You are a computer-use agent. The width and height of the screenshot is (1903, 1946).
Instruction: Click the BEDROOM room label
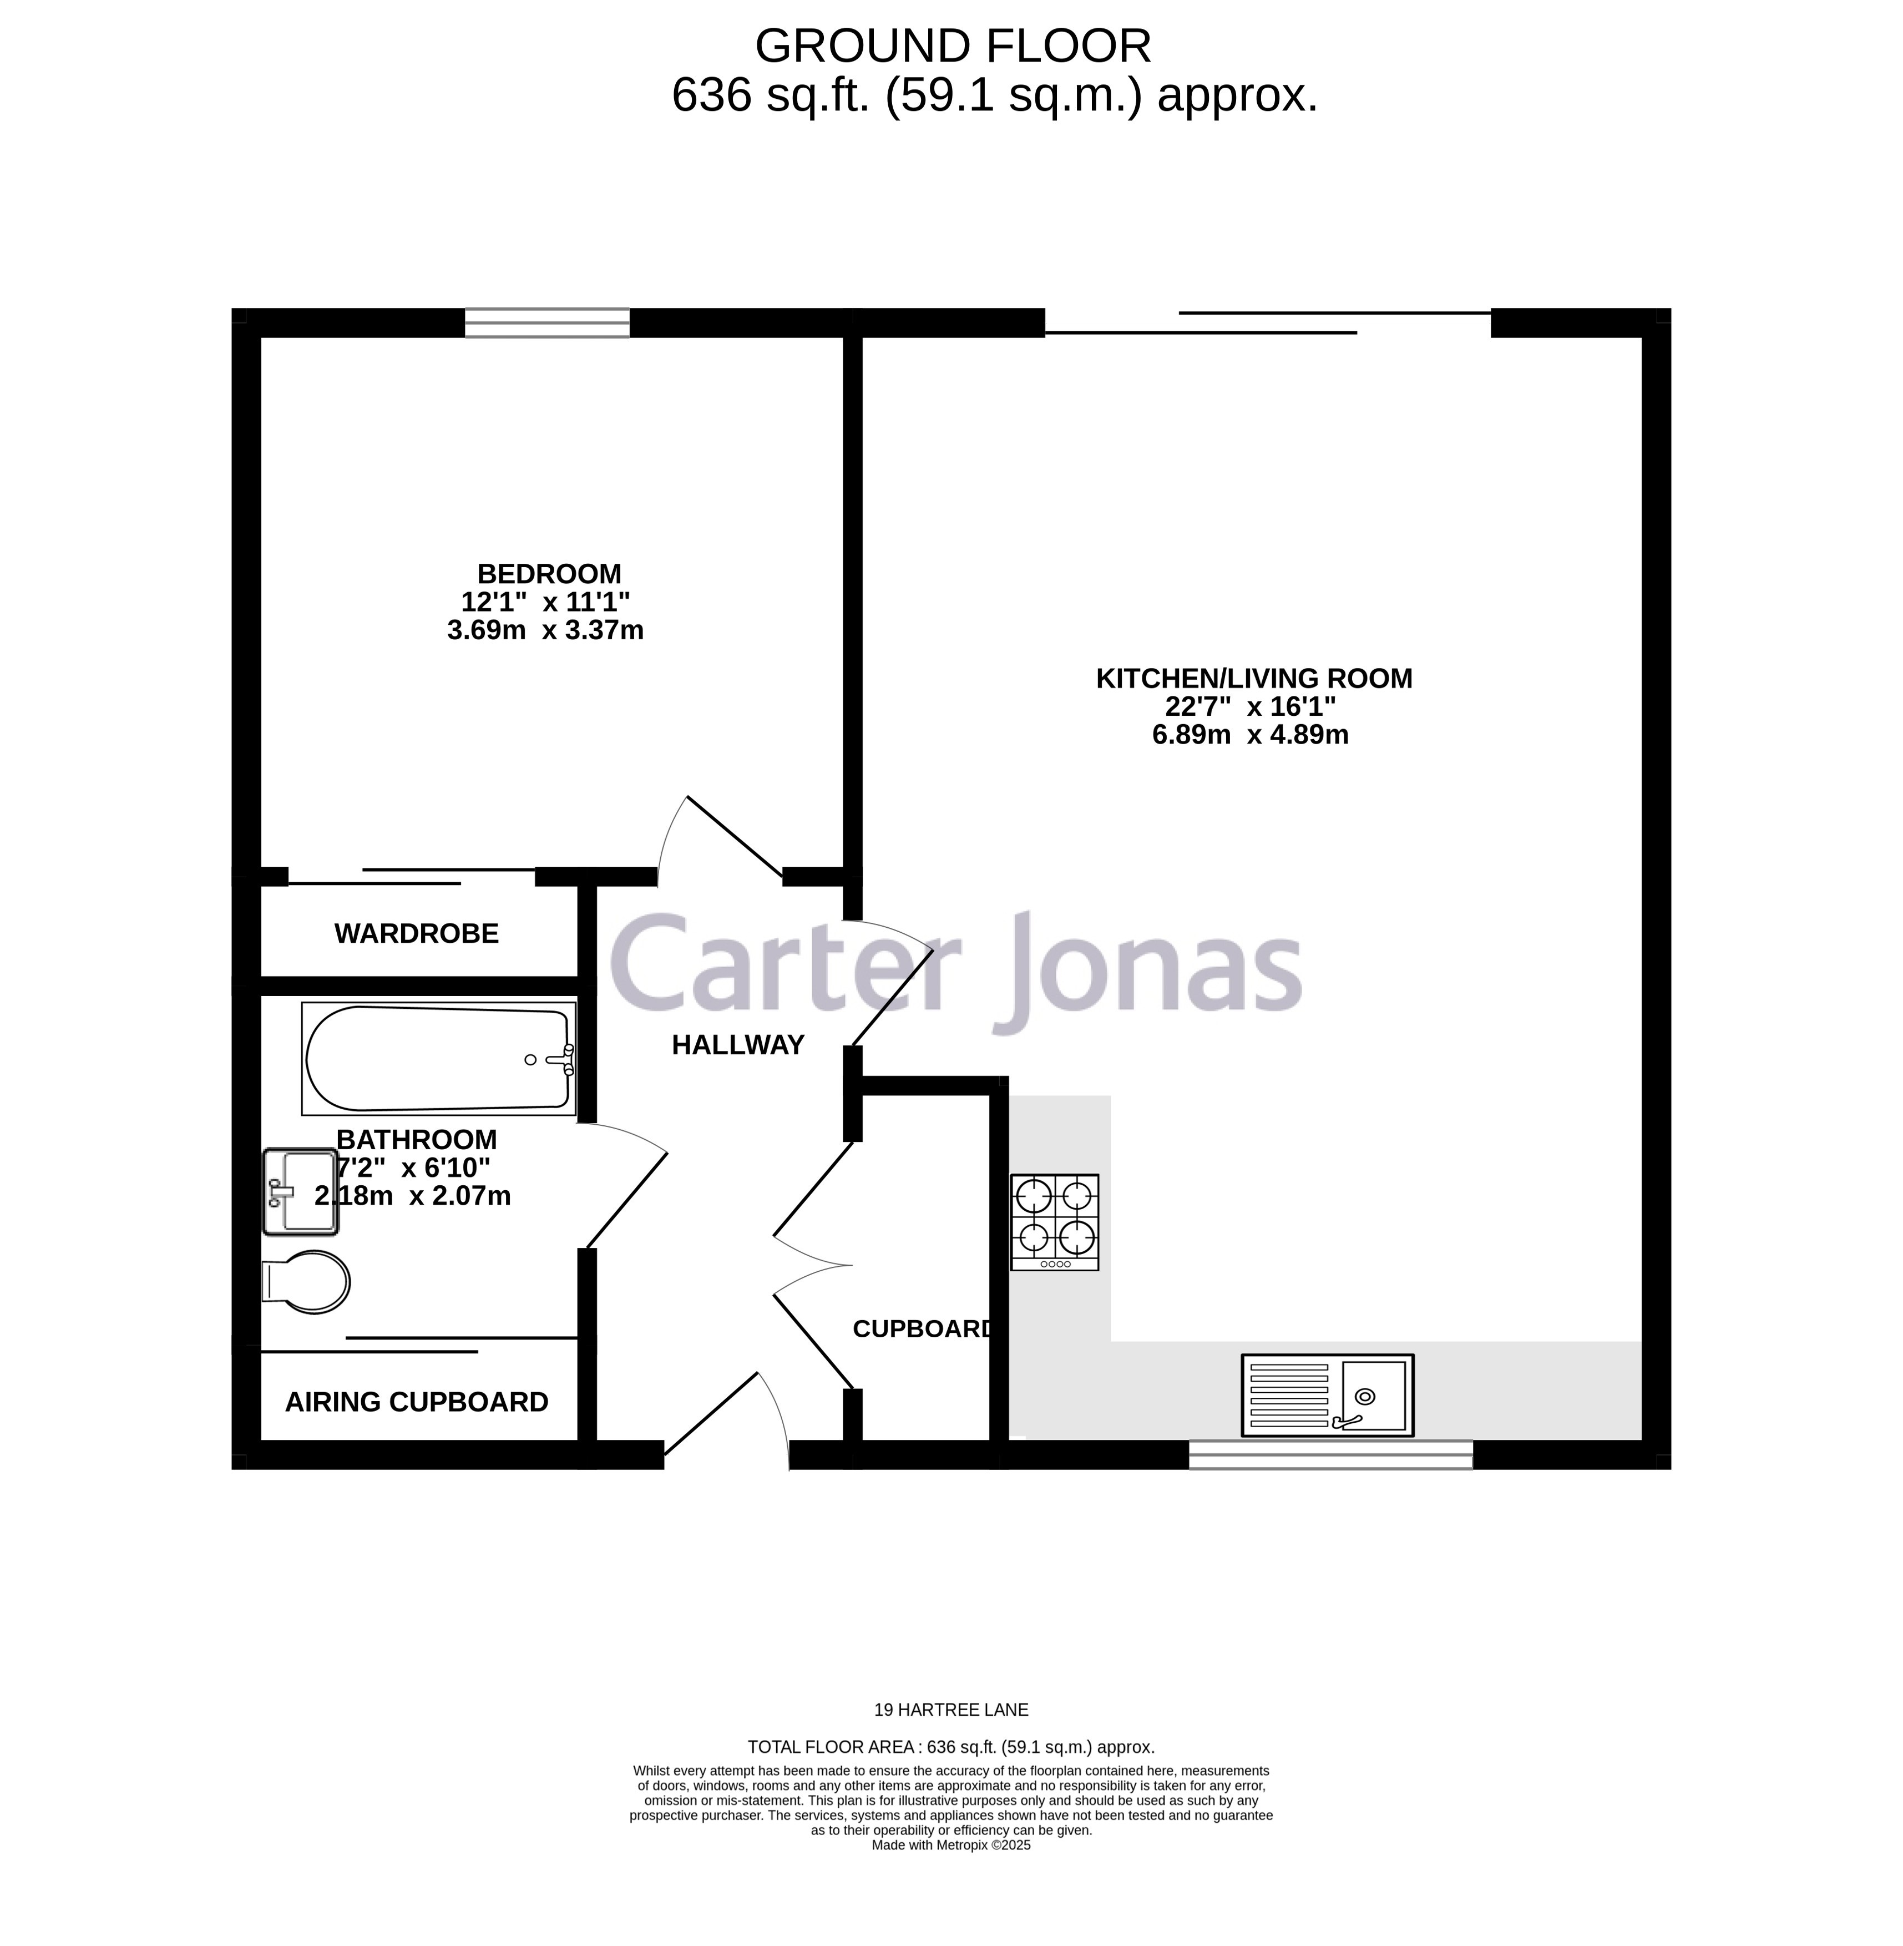549,574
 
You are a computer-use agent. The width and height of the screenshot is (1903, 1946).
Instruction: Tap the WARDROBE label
416,933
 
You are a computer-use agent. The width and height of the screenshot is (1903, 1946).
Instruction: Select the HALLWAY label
737,1044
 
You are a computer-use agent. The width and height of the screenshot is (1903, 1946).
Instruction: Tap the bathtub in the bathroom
439,1059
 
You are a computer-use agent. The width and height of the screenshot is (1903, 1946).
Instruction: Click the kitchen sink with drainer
1327,1396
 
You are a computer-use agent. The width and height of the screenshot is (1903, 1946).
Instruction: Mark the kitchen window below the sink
1330,1454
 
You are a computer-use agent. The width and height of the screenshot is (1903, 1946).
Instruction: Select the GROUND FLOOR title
953,46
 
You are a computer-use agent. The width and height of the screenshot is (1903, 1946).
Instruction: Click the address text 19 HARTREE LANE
950,1710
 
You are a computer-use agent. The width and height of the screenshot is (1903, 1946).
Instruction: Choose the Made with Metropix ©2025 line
950,1845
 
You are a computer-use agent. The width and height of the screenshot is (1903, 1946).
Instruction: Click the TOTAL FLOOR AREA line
950,1747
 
